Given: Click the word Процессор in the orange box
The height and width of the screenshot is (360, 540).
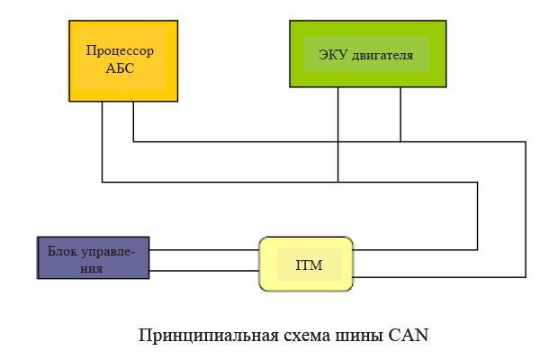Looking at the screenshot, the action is coord(120,51).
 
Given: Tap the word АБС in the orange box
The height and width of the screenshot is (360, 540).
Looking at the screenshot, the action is coord(120,68).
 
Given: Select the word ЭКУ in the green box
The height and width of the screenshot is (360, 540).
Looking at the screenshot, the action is coord(333,55).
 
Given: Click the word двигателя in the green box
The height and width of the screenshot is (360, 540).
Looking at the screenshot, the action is coord(382,56).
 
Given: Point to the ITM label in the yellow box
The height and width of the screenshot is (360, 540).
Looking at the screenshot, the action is coord(309,265).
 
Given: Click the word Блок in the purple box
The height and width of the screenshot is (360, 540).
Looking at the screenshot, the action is coord(62,251).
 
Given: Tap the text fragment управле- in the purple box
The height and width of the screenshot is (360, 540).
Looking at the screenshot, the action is coord(107,253).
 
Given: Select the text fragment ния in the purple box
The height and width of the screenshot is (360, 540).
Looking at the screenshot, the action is coord(92,268).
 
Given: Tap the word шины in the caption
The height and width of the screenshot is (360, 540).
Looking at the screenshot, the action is coord(359,336).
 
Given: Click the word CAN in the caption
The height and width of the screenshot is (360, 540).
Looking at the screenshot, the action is coord(409,335).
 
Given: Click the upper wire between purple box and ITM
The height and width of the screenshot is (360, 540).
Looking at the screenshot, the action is coord(204,250).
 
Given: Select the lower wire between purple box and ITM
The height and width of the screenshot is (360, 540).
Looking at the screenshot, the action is coord(204,271).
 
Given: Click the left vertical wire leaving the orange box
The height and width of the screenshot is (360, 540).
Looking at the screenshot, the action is coord(103,141).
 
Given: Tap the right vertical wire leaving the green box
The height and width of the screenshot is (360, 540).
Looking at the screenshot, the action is coord(400,114).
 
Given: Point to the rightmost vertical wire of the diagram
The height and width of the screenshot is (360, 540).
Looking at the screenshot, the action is coord(526,210).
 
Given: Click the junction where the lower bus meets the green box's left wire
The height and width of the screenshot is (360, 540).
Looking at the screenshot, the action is coord(338,182).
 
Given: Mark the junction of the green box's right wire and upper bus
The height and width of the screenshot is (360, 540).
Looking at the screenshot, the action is coord(400,141).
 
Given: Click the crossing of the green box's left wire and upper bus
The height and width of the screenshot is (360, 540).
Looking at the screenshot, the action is coord(338,141).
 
